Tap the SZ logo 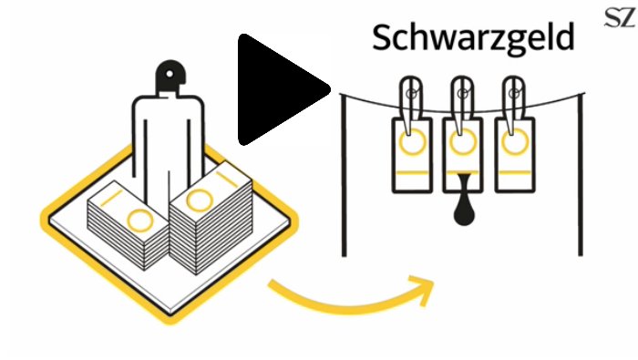click(x=620, y=17)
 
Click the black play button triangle click(x=281, y=89)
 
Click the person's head click(x=170, y=76)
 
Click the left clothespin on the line click(x=411, y=105)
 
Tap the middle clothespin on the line click(x=462, y=105)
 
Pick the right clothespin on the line click(x=513, y=105)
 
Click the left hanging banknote click(x=412, y=155)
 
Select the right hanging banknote click(x=515, y=155)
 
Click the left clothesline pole click(x=344, y=175)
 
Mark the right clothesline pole click(x=581, y=175)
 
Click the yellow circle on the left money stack click(x=140, y=221)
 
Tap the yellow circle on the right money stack click(x=199, y=201)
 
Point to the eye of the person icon click(x=170, y=74)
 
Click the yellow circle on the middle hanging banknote click(x=463, y=142)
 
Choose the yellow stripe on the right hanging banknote click(x=515, y=172)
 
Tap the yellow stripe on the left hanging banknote click(x=412, y=172)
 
